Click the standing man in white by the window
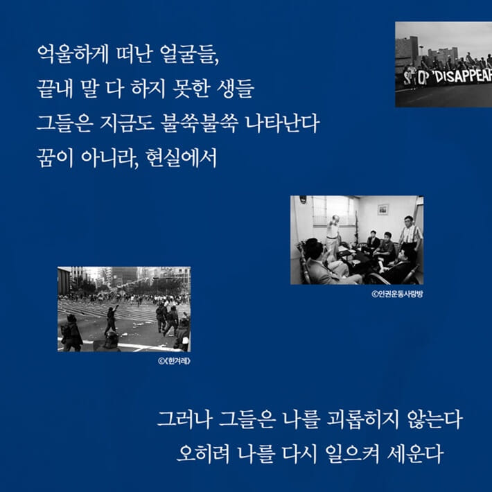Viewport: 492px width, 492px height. pos(334,236)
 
